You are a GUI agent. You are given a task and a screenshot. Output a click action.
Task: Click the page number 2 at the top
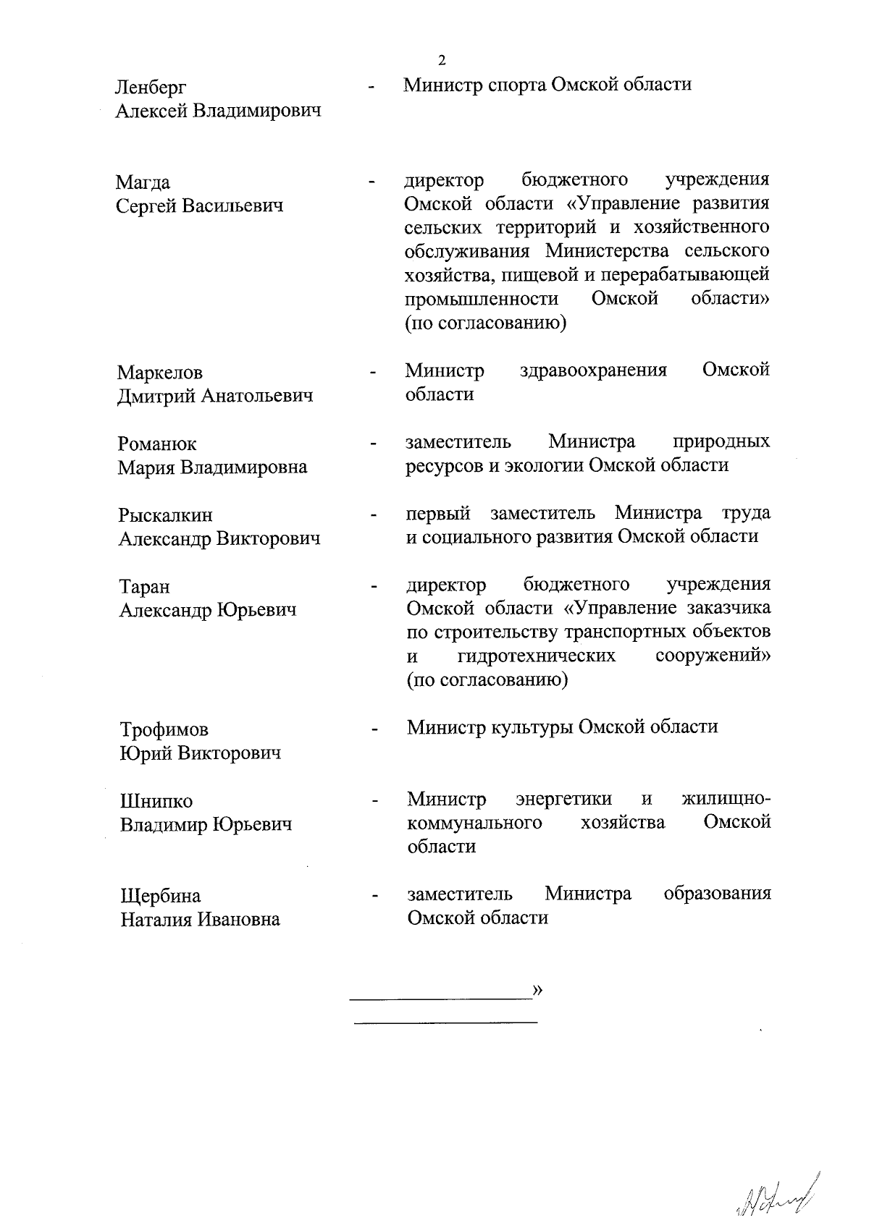click(442, 60)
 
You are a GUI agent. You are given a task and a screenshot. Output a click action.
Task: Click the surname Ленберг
click(151, 88)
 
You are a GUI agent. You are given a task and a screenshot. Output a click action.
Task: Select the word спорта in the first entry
click(513, 85)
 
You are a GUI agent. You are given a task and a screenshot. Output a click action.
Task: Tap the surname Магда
click(143, 182)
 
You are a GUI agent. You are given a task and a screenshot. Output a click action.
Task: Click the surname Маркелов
click(160, 373)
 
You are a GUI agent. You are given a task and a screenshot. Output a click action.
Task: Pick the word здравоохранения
click(593, 370)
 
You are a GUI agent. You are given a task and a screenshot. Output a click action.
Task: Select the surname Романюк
click(157, 444)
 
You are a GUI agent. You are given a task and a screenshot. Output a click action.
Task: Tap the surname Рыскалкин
click(166, 515)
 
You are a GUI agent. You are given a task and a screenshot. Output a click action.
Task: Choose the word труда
click(746, 513)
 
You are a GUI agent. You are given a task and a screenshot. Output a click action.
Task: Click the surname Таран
click(145, 587)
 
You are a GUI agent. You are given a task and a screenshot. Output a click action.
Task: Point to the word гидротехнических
click(537, 656)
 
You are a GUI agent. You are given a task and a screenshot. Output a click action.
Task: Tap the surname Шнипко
click(156, 801)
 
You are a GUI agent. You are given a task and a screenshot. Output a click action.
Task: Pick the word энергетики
click(563, 799)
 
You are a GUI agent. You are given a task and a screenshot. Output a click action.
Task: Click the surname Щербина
click(160, 896)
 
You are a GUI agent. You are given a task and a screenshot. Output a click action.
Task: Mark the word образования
click(717, 894)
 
